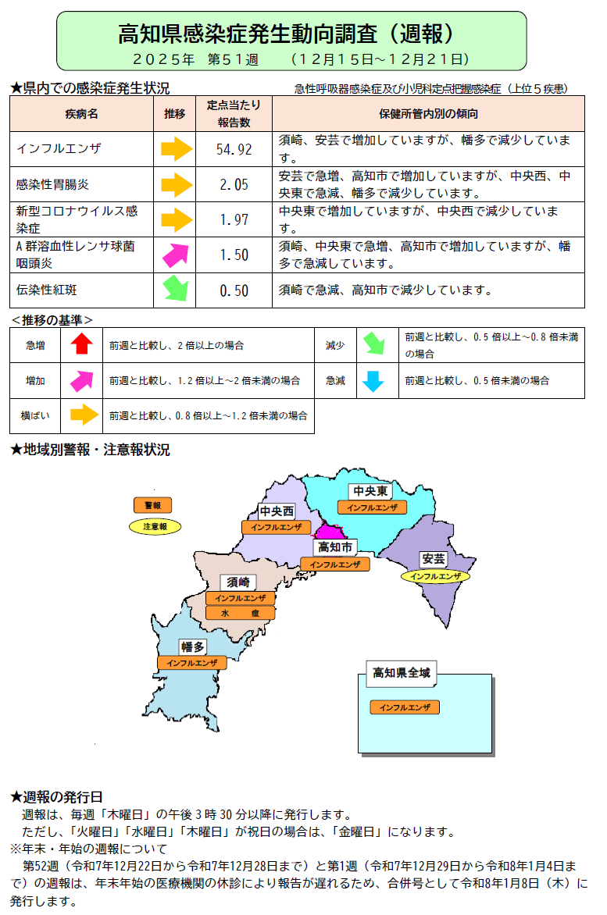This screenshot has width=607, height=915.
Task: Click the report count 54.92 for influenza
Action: pos(234,149)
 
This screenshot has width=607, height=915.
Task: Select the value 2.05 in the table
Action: pos(234,185)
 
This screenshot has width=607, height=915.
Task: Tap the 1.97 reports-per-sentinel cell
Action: pos(234,220)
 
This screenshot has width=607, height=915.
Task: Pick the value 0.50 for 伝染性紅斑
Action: pos(234,290)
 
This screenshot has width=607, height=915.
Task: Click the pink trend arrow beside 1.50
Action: pos(176,255)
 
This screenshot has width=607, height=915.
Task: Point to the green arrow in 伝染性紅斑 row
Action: pos(176,290)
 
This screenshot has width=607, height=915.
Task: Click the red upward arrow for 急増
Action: pos(82,344)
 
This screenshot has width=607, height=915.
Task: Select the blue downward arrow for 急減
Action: pos(373,381)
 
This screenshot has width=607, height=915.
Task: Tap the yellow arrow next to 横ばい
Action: pos(82,416)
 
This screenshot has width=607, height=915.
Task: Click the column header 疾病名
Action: pos(81,114)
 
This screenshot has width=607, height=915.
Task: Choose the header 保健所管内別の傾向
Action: pos(428,114)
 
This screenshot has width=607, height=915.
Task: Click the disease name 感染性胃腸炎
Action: pos(53,185)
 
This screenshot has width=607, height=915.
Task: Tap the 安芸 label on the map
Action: pos(434,559)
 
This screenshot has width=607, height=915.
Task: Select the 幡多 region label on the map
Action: pos(192,646)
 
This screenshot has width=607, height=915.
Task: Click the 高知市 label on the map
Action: pos(337,547)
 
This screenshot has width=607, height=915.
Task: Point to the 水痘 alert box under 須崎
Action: pos(241,613)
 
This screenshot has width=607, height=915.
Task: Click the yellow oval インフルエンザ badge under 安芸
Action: pos(435,577)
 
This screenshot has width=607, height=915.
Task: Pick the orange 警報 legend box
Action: pos(152,506)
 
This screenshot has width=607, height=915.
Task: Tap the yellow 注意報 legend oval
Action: pos(155,527)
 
